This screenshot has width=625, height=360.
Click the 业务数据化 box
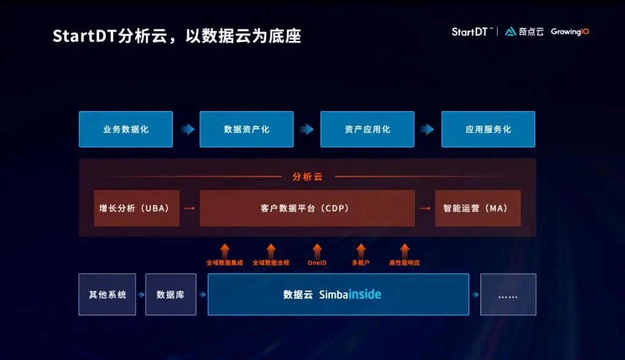126,129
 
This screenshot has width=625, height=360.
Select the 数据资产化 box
247,129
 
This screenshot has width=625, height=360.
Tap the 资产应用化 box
367,129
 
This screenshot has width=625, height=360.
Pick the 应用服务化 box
488,129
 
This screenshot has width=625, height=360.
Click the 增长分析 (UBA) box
137,208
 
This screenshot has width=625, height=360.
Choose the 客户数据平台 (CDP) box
307,208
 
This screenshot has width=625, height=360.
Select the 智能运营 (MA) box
478,208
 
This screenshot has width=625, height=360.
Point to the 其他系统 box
107,295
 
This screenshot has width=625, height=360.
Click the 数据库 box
171,295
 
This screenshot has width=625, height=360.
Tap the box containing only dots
508,295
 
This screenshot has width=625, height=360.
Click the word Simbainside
350,295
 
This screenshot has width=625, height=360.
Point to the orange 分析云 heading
308,176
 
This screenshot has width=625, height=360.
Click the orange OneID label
317,263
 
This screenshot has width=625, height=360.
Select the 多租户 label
361,263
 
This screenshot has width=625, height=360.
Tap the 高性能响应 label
405,263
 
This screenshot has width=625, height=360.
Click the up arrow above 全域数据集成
225,251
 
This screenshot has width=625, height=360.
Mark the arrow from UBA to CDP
189,208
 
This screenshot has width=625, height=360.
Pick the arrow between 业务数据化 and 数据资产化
187,129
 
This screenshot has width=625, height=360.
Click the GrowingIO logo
570,32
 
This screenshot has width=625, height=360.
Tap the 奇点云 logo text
531,32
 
